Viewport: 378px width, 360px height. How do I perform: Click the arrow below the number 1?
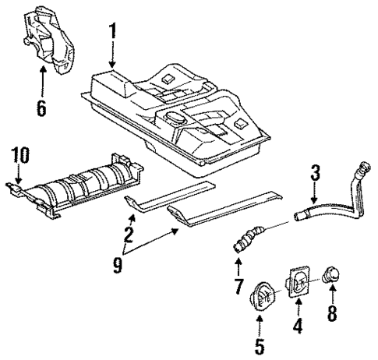click(113, 55)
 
